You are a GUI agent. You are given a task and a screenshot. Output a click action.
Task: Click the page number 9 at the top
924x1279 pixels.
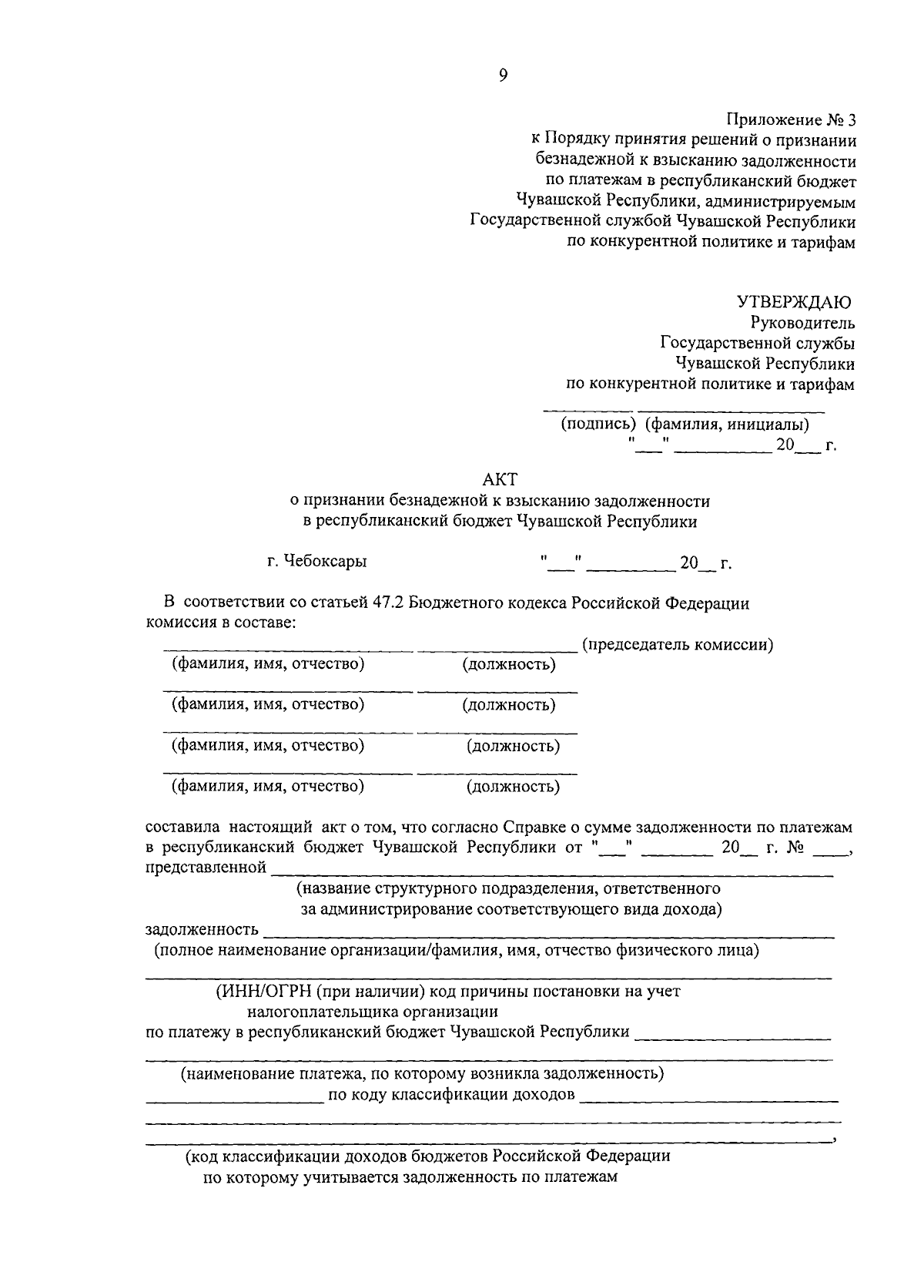click(503, 74)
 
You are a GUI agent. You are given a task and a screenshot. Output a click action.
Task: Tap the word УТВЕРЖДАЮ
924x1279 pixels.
click(794, 301)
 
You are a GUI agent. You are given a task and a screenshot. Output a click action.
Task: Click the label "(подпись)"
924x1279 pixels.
click(598, 424)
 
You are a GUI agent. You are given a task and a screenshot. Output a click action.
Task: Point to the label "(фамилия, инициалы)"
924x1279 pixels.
click(726, 424)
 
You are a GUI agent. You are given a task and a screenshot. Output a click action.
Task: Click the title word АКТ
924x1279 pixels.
click(499, 481)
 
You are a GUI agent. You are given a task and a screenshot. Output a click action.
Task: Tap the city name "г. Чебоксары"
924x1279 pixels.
click(317, 561)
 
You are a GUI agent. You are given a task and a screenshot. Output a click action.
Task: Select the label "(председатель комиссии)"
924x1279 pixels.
click(678, 644)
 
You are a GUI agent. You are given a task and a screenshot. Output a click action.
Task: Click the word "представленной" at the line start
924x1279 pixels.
click(206, 868)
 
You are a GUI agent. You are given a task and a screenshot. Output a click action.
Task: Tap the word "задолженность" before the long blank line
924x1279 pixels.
click(202, 929)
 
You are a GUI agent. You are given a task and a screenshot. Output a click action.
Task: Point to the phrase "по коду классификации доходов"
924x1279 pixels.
click(451, 1094)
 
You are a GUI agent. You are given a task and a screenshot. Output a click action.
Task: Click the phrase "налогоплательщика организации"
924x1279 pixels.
click(373, 1011)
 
